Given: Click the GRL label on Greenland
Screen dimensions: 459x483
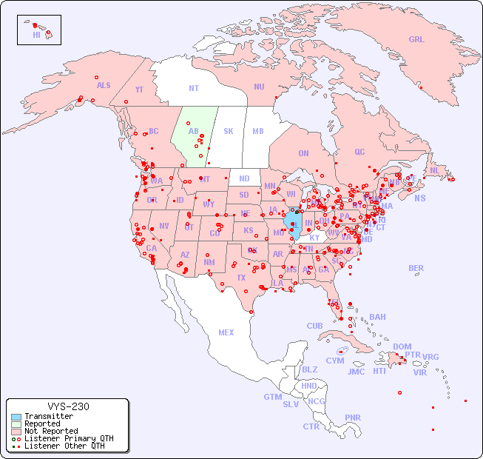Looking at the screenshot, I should pos(416,40).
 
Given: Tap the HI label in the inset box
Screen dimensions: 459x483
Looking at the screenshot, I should pos(36,35).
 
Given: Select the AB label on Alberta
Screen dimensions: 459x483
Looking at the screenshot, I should pos(194,131).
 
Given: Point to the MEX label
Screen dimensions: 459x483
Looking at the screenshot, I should pos(226,332).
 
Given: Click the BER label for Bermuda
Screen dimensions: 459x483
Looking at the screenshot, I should pos(416,268).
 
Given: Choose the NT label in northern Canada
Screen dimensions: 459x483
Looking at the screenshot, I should pos(194,88).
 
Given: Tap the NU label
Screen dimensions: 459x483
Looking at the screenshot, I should pos(259,87).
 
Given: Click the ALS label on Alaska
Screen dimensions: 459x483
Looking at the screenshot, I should pos(104,85).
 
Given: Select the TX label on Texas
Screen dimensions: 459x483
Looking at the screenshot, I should pos(241,278).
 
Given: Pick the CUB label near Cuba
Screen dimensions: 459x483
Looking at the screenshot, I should pos(314,326).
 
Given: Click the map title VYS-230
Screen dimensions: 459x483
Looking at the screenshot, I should pos(68,406).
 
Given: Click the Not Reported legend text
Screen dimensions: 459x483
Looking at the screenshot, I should pos(51,431).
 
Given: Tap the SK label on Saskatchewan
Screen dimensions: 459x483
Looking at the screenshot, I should pos(229,131).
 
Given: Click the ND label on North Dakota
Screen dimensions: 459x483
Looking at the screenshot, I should pos(244,178).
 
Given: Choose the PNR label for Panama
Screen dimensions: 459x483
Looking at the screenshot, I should pos(353,418).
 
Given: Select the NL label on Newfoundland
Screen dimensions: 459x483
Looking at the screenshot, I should pos(435,170).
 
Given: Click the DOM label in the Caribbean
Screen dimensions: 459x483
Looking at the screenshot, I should pos(402,346).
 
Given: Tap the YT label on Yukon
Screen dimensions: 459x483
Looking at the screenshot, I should pos(139,90).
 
